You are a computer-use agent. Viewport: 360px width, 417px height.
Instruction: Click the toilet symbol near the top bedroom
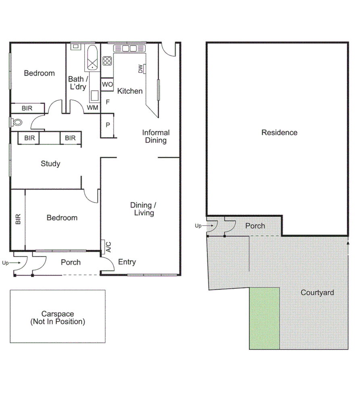[17, 122]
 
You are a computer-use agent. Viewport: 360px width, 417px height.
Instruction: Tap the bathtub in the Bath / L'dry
[92, 58]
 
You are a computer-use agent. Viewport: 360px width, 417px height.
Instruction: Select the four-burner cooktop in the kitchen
[107, 61]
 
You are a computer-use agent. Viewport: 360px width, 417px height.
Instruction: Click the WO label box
[107, 84]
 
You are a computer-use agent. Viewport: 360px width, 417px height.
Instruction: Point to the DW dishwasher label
[141, 69]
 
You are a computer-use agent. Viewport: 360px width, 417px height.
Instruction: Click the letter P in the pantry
[108, 125]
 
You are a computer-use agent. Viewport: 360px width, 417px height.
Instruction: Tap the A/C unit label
[108, 247]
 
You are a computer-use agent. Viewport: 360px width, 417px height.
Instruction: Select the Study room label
[50, 164]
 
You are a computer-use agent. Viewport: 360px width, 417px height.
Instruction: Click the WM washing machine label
[92, 108]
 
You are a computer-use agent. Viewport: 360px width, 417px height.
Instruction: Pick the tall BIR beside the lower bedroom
[18, 219]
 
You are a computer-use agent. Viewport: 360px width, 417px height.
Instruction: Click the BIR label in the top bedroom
[27, 108]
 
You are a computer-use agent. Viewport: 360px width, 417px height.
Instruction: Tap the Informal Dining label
[156, 136]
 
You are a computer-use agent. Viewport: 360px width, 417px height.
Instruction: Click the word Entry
[127, 262]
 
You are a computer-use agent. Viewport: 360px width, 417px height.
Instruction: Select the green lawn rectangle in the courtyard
[264, 318]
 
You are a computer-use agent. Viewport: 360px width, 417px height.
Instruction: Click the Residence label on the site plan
[279, 133]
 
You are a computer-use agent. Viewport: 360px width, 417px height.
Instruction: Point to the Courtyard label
[317, 293]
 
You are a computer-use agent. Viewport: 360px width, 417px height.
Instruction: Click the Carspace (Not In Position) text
[58, 317]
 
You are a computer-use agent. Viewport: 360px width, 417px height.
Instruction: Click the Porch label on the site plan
[255, 226]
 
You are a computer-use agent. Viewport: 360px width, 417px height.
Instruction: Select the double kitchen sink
[129, 49]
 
